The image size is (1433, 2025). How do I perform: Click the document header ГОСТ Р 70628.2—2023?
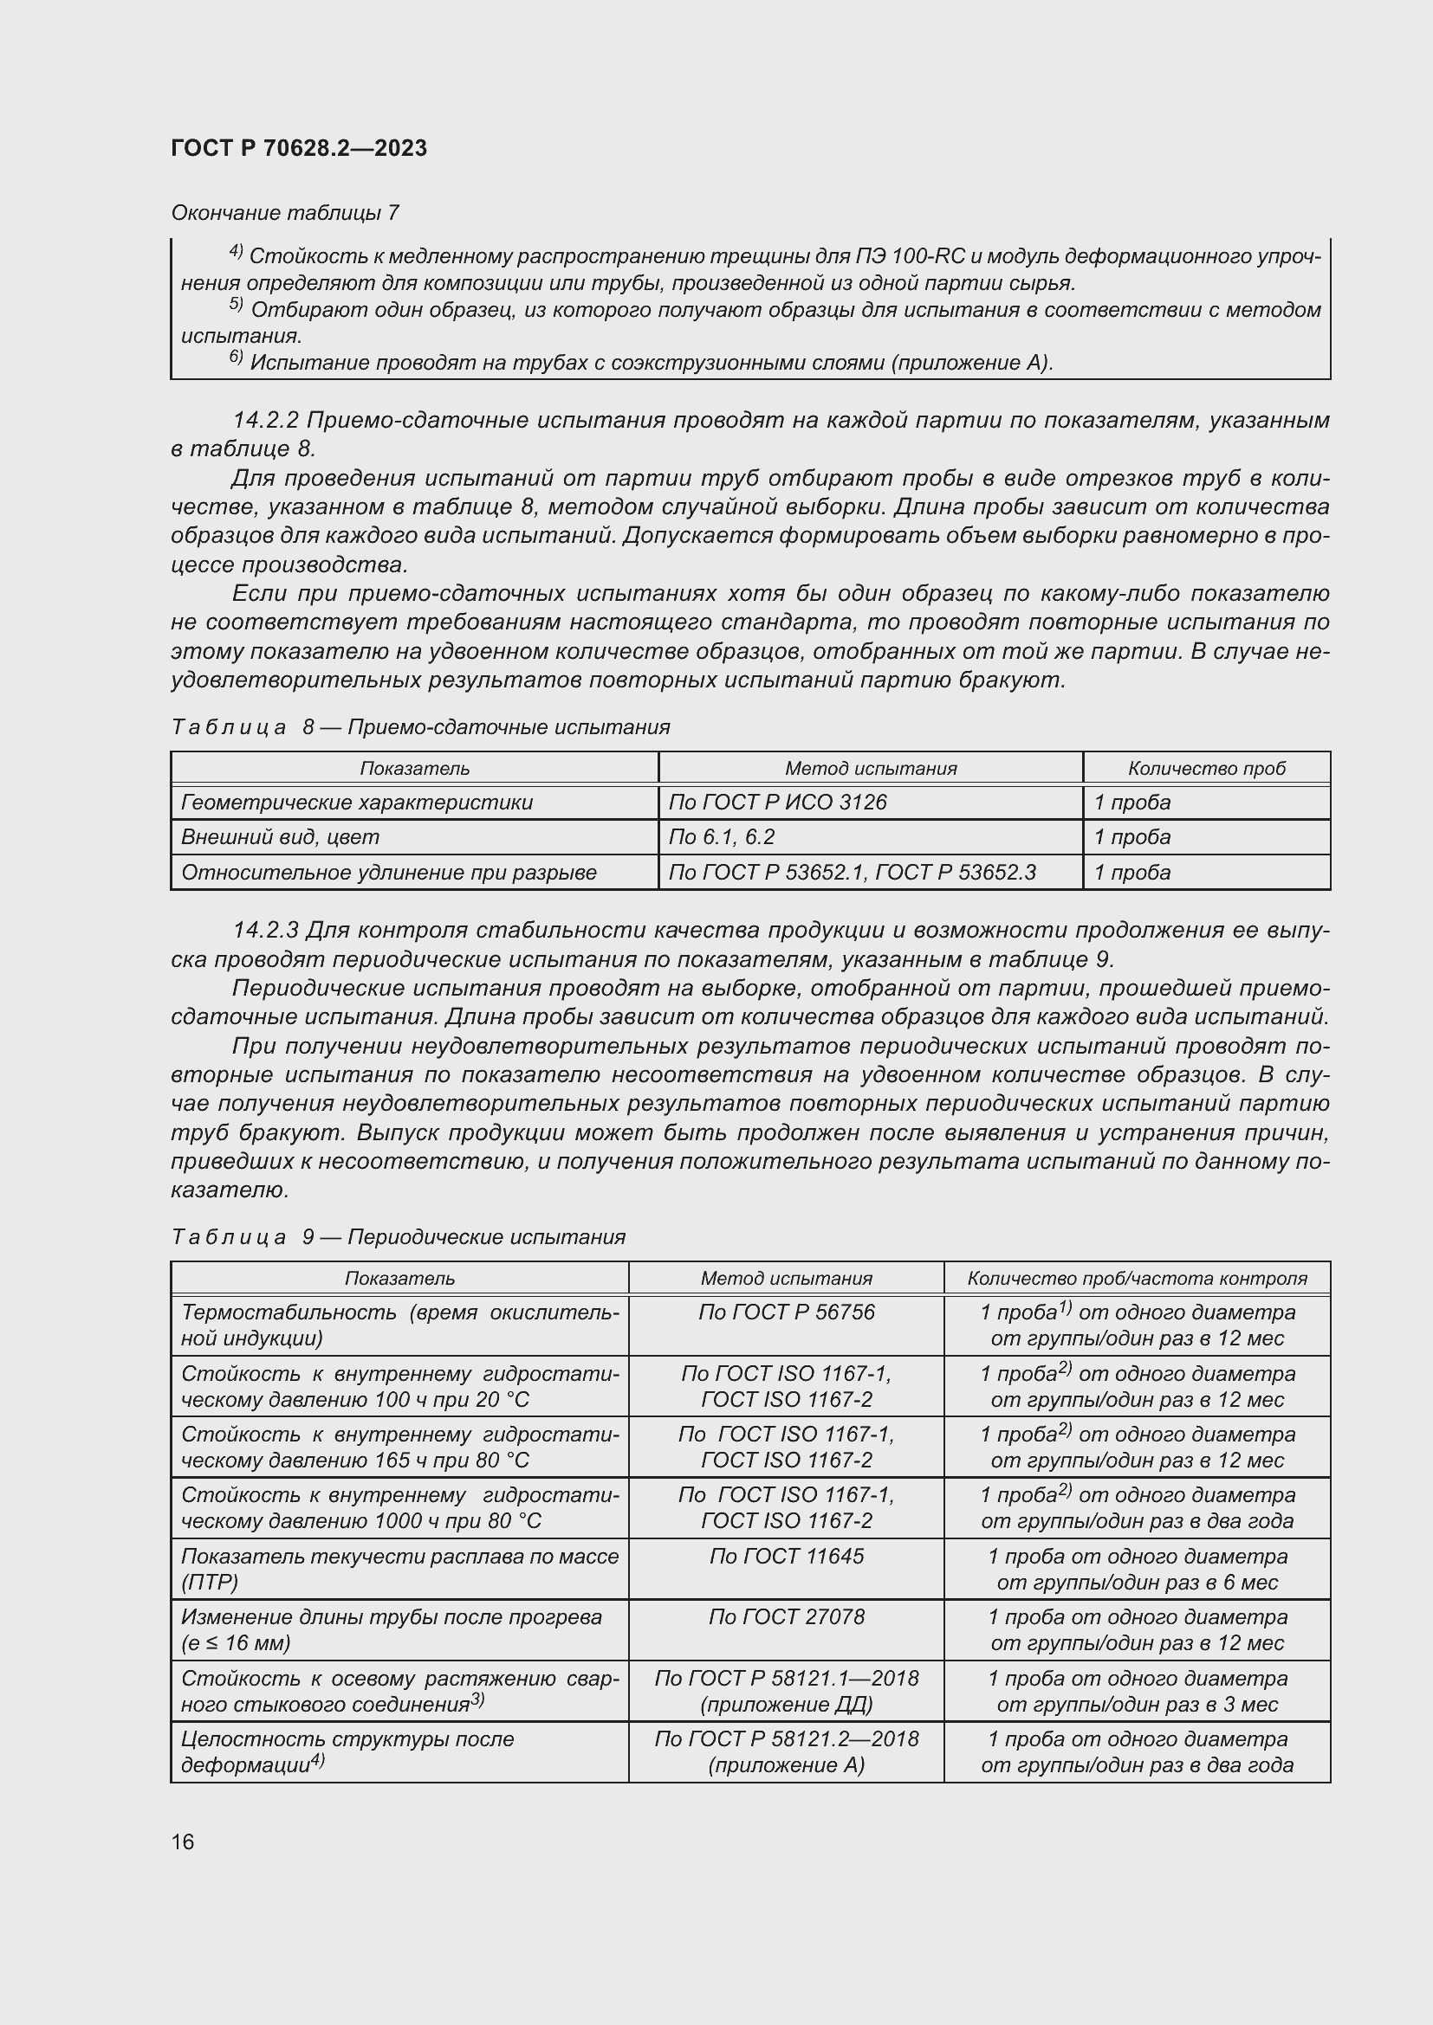pos(299,148)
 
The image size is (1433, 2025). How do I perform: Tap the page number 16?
pos(183,1841)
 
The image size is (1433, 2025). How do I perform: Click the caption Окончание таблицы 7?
pos(285,213)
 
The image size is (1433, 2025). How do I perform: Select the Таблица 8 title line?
pos(420,726)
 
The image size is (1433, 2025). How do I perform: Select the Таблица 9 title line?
pos(398,1236)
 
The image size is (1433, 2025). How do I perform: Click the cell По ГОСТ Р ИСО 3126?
pos(777,802)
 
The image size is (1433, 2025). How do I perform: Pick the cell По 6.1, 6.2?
pos(722,837)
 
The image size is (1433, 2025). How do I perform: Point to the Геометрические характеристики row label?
pos(356,802)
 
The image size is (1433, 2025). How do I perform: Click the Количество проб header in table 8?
pos(1206,768)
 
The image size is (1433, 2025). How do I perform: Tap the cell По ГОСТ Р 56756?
pos(786,1312)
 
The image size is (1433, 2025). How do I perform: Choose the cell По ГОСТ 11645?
pos(786,1556)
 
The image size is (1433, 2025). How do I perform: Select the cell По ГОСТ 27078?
pos(786,1616)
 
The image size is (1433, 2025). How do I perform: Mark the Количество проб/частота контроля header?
pos(1137,1278)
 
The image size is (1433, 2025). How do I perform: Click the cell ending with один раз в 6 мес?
pos(1137,1569)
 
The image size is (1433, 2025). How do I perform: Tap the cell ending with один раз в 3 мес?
pos(1137,1691)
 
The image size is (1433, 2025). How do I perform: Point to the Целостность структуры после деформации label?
pos(347,1751)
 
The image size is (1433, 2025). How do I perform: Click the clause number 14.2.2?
pos(266,420)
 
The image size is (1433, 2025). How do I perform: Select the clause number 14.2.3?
pos(266,931)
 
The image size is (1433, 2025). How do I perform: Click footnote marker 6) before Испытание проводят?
pos(236,358)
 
